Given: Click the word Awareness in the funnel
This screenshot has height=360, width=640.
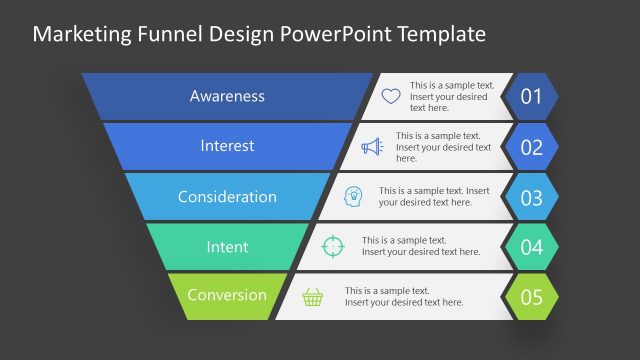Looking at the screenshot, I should tap(227, 96).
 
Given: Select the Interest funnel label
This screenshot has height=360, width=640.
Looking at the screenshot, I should tap(227, 146).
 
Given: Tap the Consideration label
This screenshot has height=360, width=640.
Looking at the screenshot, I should tap(227, 196).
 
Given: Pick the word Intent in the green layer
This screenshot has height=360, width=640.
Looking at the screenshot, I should tap(227, 246).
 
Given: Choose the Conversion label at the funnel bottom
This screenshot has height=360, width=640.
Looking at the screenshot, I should tap(227, 295).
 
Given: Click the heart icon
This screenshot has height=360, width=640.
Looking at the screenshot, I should tap(390, 97).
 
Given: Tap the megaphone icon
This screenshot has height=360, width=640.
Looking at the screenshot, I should tap(372, 147).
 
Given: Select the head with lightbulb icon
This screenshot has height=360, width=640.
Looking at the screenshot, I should tap(353, 196).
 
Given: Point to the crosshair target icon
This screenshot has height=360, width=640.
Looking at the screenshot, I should tap(333, 246).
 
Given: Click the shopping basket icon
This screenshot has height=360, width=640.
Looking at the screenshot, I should tap(313, 296).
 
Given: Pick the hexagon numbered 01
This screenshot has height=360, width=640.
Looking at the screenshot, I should tap(531, 97).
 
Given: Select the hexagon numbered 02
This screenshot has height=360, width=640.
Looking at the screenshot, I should tap(531, 147).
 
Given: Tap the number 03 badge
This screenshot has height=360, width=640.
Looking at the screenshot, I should tap(531, 197).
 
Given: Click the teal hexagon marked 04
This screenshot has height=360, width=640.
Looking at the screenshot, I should tap(531, 247).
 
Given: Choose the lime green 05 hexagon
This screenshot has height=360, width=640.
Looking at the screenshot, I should tap(531, 297).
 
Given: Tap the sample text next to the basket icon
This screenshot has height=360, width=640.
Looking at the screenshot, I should tap(404, 296).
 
